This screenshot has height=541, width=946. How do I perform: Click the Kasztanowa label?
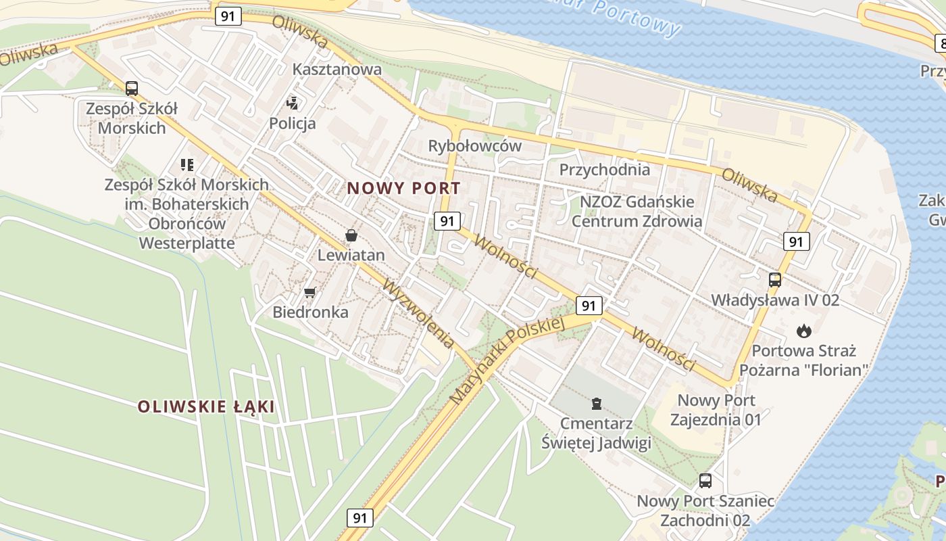(337, 69)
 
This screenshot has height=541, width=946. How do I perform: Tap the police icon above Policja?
(293, 103)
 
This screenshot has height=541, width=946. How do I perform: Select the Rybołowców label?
(475, 146)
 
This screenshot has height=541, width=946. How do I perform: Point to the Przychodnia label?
(605, 169)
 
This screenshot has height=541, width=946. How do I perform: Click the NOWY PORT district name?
(404, 189)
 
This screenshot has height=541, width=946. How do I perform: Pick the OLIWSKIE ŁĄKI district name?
(206, 406)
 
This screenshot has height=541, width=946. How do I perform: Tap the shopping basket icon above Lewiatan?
(351, 235)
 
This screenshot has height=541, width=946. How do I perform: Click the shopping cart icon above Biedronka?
(309, 292)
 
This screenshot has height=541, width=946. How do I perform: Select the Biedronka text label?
(310, 312)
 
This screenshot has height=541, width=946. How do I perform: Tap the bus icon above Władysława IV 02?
(775, 279)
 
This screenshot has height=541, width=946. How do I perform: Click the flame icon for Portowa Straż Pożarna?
(803, 331)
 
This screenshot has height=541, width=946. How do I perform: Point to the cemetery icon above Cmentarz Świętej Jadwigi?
(596, 404)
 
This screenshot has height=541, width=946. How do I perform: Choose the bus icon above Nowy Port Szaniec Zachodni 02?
(705, 481)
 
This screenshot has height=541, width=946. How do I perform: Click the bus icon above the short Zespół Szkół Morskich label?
(132, 88)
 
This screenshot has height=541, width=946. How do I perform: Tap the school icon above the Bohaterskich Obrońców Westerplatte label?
(187, 164)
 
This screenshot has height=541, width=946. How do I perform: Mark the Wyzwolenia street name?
(418, 314)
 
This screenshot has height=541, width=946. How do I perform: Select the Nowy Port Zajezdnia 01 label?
(716, 410)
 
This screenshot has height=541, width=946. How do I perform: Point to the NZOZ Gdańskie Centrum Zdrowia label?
(637, 211)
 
